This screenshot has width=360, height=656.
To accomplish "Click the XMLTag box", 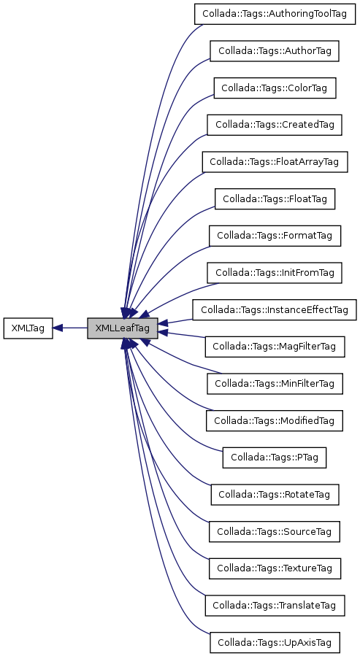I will pyautogui.click(x=28, y=328).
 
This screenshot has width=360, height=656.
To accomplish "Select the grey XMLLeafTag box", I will pyautogui.click(x=122, y=328).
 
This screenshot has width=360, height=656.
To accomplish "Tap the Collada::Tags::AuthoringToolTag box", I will pyautogui.click(x=275, y=15).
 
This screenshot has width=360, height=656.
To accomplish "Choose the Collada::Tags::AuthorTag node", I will pyautogui.click(x=275, y=51).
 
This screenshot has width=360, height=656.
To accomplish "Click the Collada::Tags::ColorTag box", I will pyautogui.click(x=275, y=88).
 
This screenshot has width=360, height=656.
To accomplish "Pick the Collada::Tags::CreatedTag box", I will pyautogui.click(x=275, y=125).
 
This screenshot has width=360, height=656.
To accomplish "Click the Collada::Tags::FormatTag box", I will pyautogui.click(x=275, y=236).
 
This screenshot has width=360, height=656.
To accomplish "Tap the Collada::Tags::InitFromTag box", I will pyautogui.click(x=275, y=273).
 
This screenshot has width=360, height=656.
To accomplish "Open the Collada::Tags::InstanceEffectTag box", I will pyautogui.click(x=275, y=309).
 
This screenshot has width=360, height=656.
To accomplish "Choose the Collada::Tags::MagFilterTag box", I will pyautogui.click(x=275, y=347).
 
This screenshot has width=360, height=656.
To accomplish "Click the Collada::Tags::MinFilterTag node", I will pyautogui.click(x=275, y=383).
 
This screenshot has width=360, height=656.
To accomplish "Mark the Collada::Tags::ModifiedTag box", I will pyautogui.click(x=275, y=420).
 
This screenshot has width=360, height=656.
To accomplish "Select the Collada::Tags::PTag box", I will pyautogui.click(x=275, y=457).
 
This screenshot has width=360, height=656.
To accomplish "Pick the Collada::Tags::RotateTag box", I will pyautogui.click(x=275, y=494).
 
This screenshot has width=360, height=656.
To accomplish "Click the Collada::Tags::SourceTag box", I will pyautogui.click(x=275, y=531).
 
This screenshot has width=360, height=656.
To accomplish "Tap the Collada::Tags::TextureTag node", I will pyautogui.click(x=275, y=568).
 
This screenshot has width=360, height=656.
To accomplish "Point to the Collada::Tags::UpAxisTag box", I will pyautogui.click(x=275, y=642).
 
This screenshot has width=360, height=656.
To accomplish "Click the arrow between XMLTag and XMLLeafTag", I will pyautogui.click(x=70, y=328).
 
